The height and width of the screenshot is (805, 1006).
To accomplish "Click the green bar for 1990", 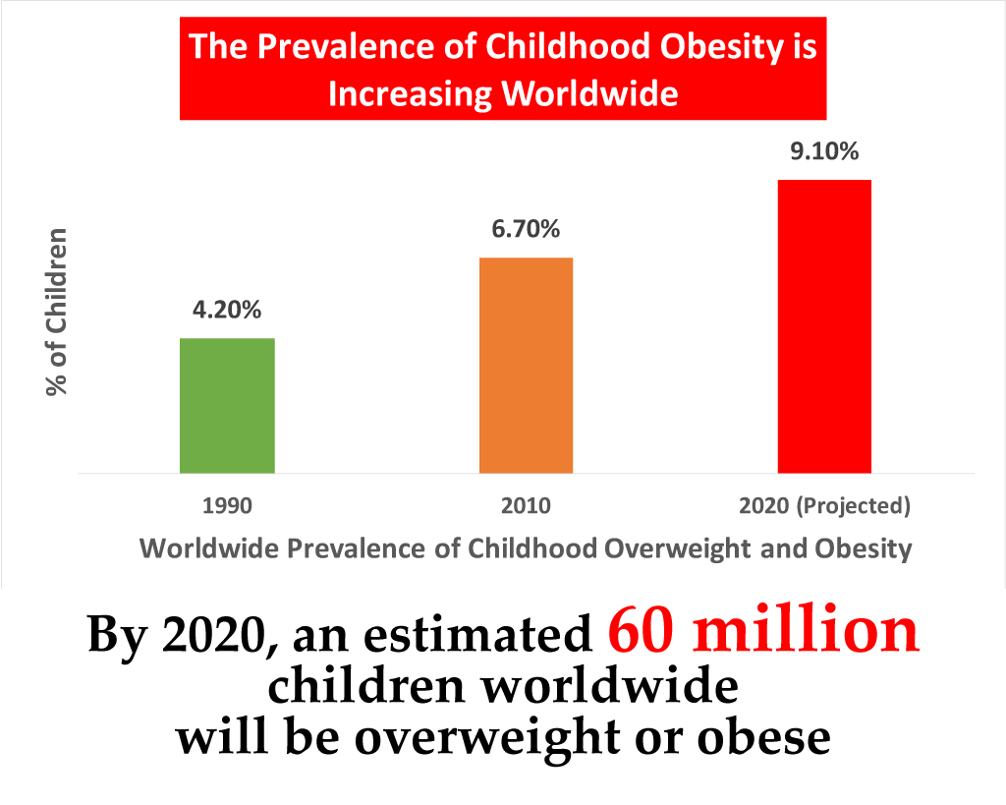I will coord(227,405).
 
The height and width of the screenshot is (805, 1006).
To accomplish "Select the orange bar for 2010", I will coord(526,365).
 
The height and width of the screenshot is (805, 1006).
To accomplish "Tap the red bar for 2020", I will coord(824,326).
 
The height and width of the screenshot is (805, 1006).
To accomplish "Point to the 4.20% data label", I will coord(227,311).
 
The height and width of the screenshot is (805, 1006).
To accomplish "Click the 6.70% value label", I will coord(526,230).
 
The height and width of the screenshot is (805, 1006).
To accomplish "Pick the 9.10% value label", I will coord(824,152).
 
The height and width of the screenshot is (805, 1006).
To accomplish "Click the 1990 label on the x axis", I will coord(227,507).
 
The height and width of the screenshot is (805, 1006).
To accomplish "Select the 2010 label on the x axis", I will coord(526,507).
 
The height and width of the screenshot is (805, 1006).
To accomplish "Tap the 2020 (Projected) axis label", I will coord(824,507).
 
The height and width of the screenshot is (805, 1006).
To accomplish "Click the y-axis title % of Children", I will coord(59,312).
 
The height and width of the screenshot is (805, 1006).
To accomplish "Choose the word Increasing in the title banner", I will coord(410,94).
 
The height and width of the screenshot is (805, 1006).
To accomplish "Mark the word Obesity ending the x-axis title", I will coord(863,547).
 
